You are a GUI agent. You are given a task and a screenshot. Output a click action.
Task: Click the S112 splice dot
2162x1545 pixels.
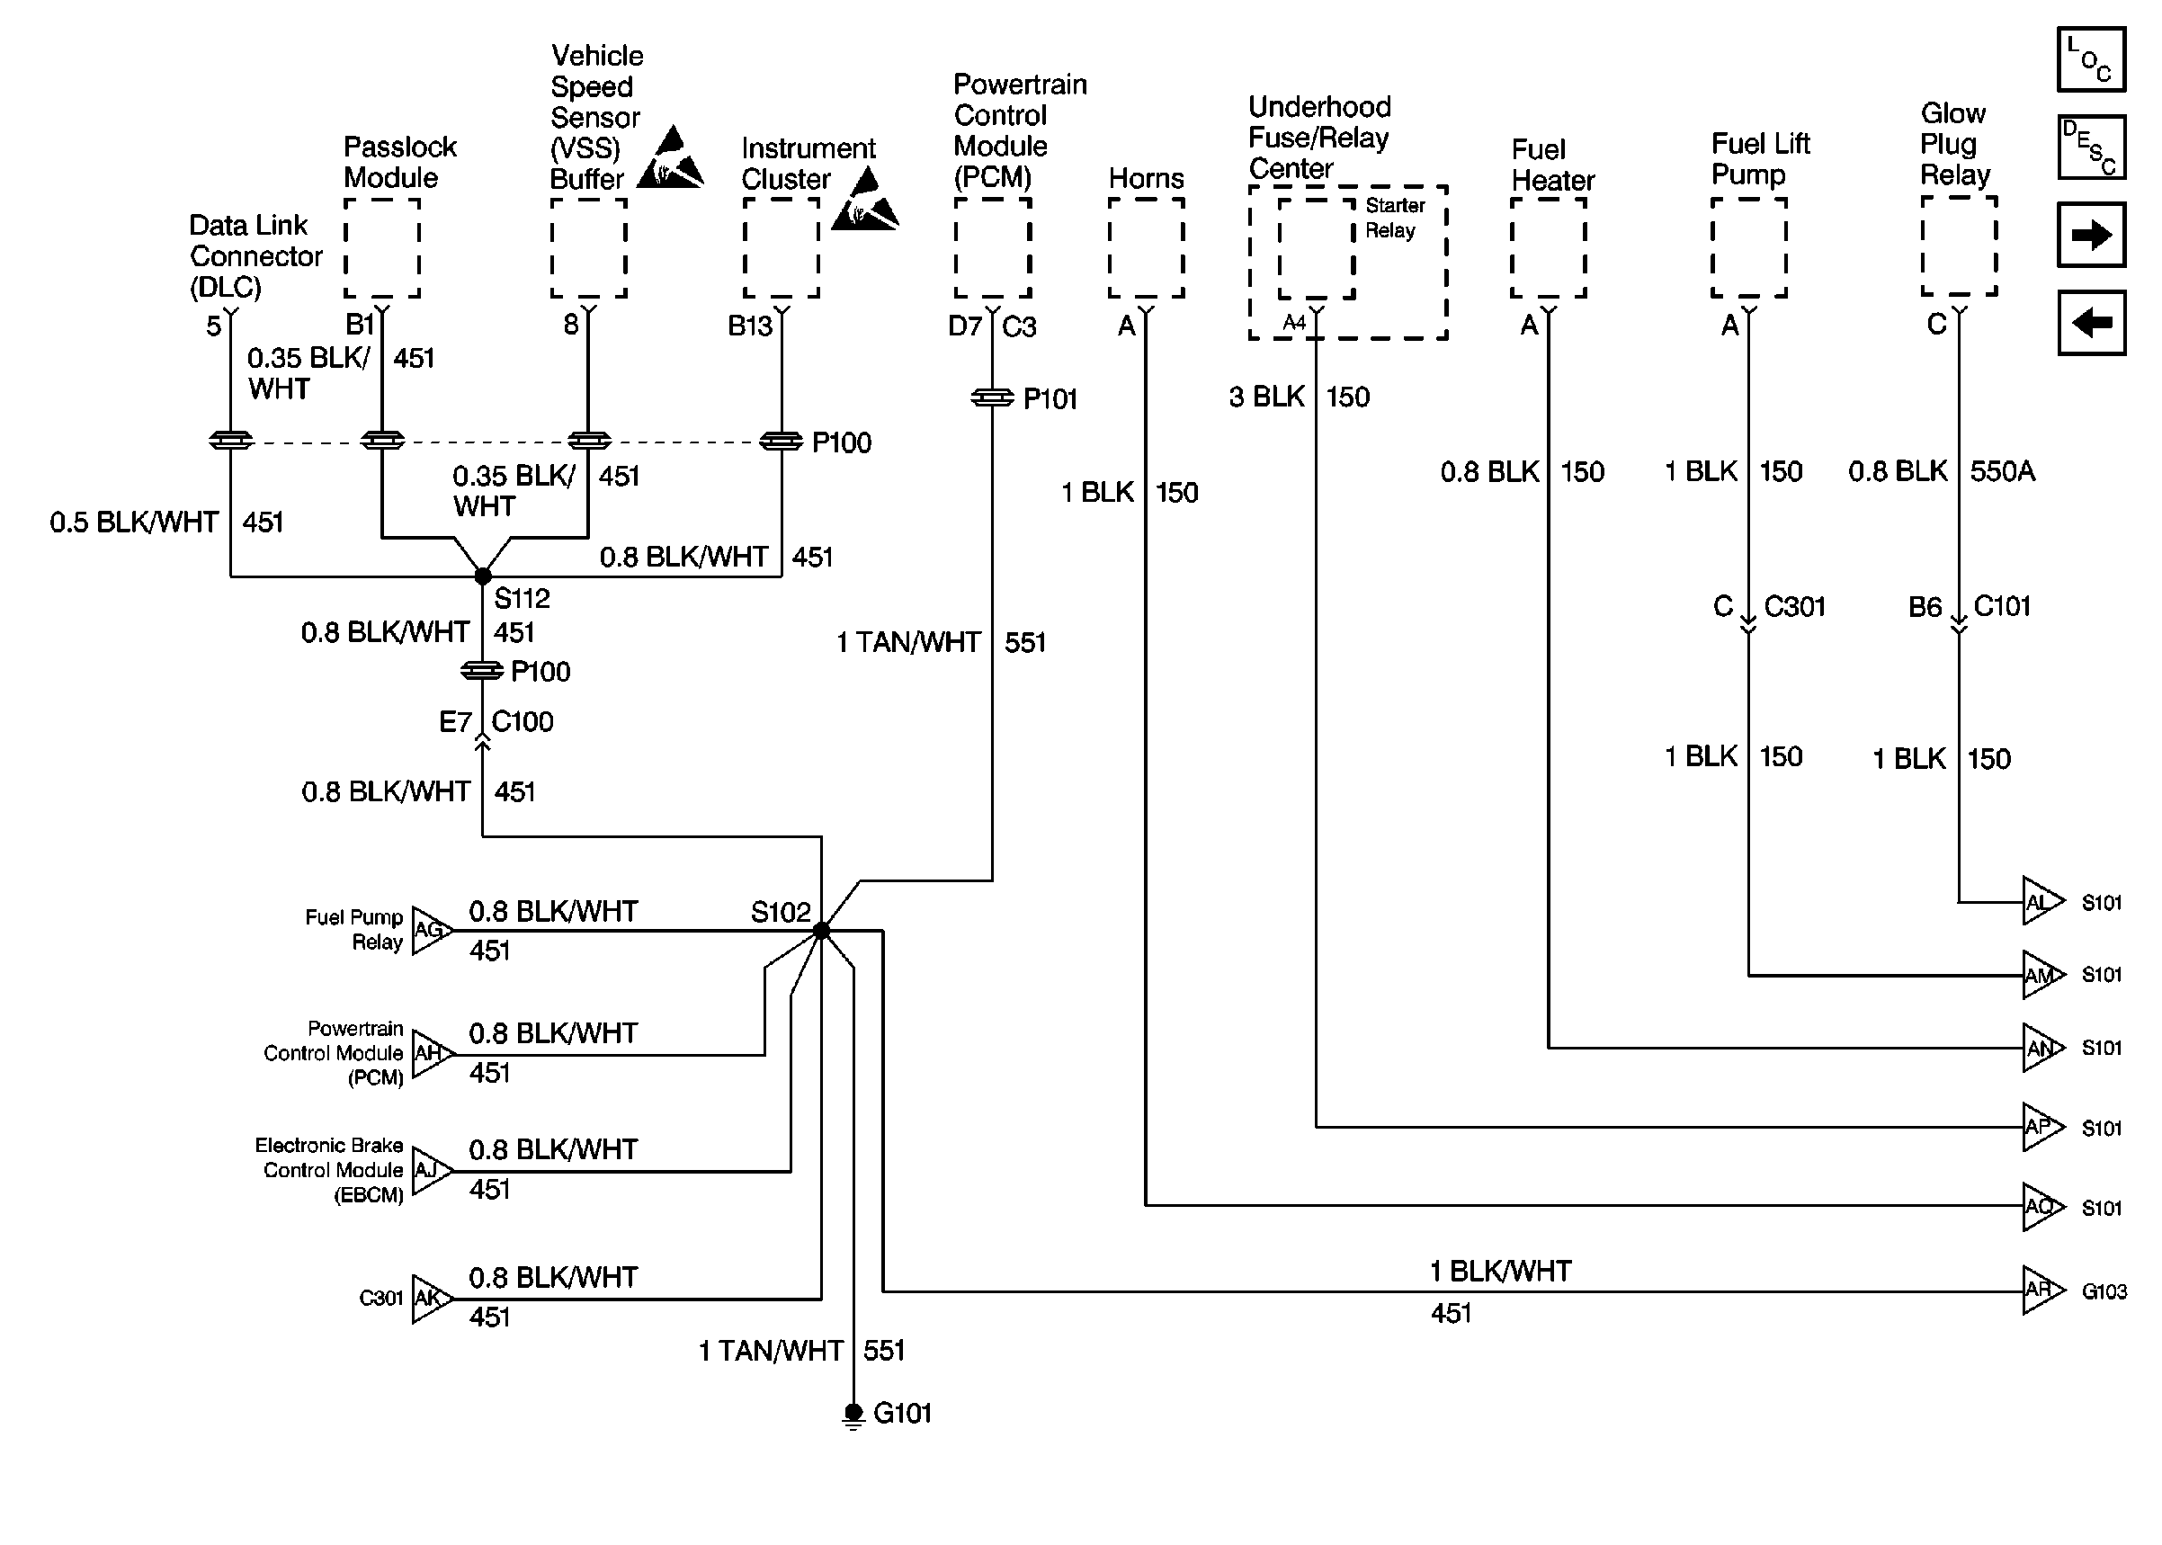click(482, 576)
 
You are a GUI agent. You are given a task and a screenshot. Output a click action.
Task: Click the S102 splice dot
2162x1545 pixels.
click(822, 932)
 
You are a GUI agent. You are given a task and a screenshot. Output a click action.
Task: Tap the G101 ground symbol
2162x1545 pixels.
click(853, 1414)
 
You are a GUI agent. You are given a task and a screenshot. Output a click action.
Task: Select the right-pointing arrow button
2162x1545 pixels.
click(2091, 234)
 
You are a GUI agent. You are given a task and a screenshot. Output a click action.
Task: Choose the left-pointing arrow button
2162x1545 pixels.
click(2091, 323)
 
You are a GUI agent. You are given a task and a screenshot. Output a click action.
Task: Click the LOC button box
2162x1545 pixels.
click(2091, 60)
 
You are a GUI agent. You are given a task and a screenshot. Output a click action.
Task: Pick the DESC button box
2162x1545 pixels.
click(2091, 147)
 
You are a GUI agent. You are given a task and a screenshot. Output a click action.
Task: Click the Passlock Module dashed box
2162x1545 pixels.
click(382, 247)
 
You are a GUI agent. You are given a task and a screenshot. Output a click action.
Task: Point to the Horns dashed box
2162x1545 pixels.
click(1146, 247)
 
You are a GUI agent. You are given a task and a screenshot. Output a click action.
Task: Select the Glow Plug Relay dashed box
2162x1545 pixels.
click(1959, 246)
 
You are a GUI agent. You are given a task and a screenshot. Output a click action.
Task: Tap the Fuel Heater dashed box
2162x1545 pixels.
click(1548, 247)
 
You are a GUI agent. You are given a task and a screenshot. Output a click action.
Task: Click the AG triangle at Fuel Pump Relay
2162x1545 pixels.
click(431, 931)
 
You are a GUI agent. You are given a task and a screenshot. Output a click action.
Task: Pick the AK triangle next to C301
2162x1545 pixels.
click(431, 1299)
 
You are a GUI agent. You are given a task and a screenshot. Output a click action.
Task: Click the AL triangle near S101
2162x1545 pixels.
click(2041, 902)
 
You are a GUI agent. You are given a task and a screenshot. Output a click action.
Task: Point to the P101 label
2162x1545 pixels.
click(1050, 398)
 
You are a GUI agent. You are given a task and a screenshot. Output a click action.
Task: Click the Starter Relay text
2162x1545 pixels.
click(1394, 218)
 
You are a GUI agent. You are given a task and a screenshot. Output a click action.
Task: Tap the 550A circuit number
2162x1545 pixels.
click(2002, 471)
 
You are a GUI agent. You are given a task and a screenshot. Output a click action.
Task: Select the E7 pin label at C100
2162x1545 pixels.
click(455, 722)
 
